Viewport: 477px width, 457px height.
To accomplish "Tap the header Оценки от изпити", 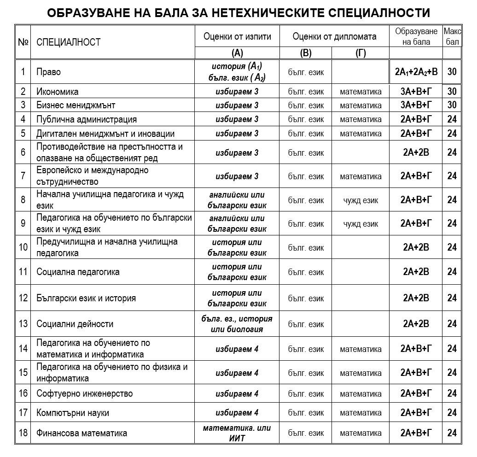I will (237, 36).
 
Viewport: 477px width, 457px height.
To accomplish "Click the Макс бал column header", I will (452, 36).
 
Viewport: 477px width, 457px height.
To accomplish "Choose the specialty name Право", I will (48, 72).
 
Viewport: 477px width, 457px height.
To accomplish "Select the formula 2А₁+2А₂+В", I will (416, 72).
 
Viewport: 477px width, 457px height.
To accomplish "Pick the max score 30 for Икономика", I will (452, 92).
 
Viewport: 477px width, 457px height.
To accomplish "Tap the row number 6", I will (23, 152).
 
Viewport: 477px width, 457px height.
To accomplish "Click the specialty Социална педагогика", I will (78, 272).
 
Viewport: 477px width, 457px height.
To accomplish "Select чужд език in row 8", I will (361, 200).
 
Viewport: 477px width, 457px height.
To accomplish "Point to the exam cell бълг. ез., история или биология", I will (237, 324).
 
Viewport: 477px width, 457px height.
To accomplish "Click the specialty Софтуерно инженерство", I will (84, 394).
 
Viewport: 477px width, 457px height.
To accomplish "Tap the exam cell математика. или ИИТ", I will (237, 433).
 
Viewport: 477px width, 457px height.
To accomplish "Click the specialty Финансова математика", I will (81, 433).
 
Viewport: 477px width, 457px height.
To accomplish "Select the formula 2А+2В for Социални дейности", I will (416, 324).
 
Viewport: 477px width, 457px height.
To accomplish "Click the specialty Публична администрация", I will (87, 120).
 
